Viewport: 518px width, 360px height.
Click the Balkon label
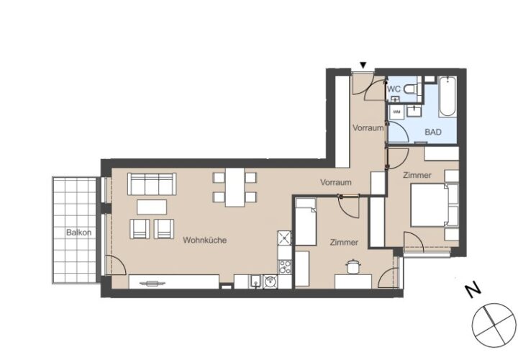78,233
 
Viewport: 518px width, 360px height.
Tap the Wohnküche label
205,240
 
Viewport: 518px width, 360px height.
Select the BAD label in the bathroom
433,132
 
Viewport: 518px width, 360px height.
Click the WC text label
394,89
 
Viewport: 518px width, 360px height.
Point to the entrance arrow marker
363,65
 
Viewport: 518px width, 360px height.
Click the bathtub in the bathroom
447,96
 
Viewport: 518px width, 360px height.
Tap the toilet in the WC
412,89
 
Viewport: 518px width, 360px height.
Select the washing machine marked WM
396,112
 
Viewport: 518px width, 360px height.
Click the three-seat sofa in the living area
152,184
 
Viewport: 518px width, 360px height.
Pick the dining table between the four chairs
235,187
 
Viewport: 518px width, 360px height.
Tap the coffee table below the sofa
152,207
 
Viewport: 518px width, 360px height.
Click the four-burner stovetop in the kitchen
285,267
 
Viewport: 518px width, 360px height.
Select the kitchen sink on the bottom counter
255,282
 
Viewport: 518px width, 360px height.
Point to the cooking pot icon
353,266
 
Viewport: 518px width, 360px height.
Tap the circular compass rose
494,325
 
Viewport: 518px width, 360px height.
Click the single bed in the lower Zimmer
306,222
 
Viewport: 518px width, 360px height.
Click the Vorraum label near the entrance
368,127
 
